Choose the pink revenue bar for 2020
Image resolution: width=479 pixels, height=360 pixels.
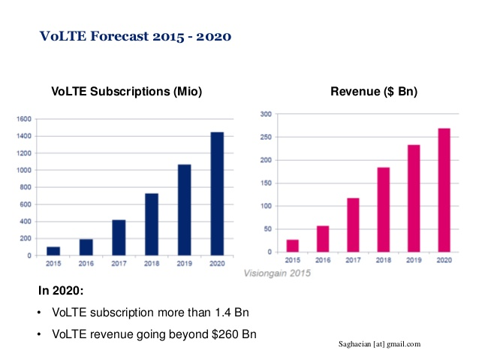click(444, 190)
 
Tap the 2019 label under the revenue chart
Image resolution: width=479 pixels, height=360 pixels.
click(414, 260)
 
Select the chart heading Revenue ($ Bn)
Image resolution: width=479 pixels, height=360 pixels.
click(374, 92)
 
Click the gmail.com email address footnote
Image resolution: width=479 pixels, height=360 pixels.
click(380, 343)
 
